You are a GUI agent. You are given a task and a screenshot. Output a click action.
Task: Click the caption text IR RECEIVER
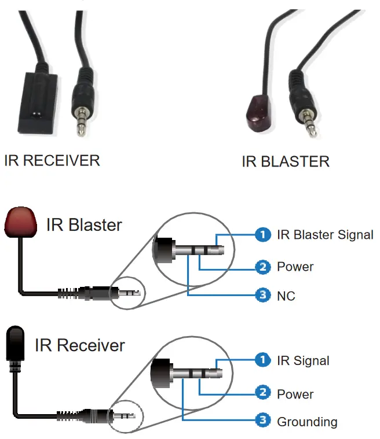tap(52, 160)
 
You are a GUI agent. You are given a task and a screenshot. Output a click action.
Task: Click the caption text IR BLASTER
tap(286, 161)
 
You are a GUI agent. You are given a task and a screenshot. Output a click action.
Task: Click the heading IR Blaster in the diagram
tap(85, 224)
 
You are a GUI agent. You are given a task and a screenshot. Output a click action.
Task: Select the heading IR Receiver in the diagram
tap(80, 345)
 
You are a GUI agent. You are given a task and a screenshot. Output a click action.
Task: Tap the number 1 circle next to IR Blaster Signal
tap(263, 234)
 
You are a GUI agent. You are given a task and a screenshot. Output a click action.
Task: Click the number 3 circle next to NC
tap(263, 296)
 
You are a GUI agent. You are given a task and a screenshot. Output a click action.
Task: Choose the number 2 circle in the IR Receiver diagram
tap(263, 393)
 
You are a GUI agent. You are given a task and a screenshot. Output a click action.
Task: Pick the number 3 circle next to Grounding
tap(263, 421)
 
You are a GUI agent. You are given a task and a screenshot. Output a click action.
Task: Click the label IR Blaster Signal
tap(325, 234)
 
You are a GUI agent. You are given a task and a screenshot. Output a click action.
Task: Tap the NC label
tap(286, 296)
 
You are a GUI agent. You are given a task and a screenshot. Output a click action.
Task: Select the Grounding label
tap(307, 422)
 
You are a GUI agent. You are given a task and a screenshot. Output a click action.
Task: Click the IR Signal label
tap(303, 361)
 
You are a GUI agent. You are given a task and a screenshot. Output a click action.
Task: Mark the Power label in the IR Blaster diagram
tap(295, 267)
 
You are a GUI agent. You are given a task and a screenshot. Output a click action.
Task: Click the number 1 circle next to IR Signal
tap(263, 360)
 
